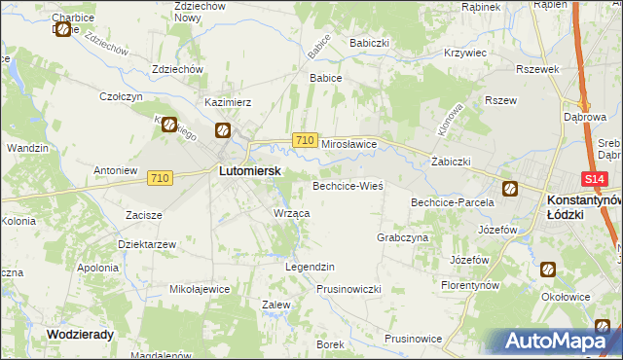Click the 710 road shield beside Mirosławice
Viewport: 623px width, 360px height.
[x=304, y=141]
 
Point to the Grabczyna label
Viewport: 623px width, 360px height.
[x=402, y=237]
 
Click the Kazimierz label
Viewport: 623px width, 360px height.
[x=229, y=101]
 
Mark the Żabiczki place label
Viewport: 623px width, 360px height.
[x=451, y=162]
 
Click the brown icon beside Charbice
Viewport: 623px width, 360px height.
[x=64, y=29]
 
